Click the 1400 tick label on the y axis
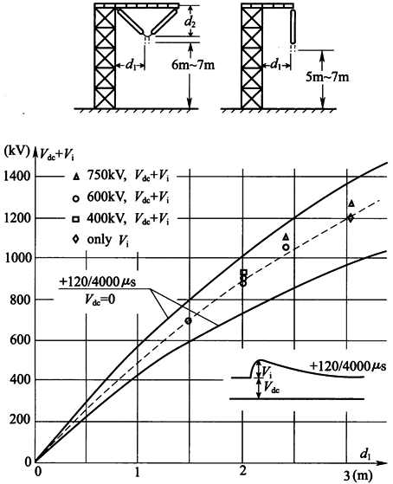pyautogui.click(x=16, y=177)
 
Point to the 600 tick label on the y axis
pyautogui.click(x=20, y=340)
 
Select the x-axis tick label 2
pyautogui.click(x=243, y=471)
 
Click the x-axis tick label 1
pyautogui.click(x=137, y=472)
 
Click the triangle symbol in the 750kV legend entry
pyautogui.click(x=76, y=177)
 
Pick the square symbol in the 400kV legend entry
pyautogui.click(x=75, y=219)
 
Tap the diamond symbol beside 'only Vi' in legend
pyautogui.click(x=75, y=239)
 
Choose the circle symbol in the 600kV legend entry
pyautogui.click(x=75, y=199)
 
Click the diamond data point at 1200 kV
pyautogui.click(x=350, y=217)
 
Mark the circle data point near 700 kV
pyautogui.click(x=188, y=321)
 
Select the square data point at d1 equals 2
pyautogui.click(x=243, y=272)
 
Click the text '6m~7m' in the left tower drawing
pyautogui.click(x=193, y=65)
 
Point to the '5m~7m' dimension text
pyautogui.click(x=327, y=76)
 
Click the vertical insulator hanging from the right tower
pyautogui.click(x=293, y=27)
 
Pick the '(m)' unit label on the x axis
pyautogui.click(x=364, y=475)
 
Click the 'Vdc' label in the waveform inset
pyautogui.click(x=271, y=386)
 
